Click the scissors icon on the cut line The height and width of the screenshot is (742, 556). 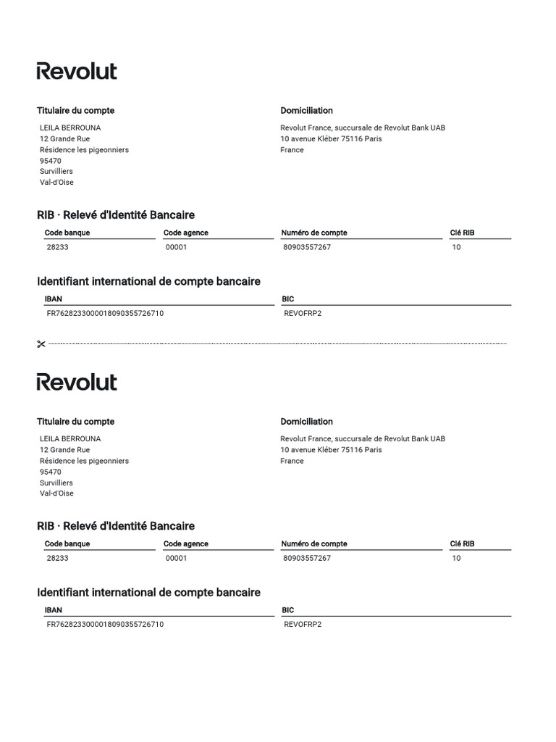[x=41, y=344]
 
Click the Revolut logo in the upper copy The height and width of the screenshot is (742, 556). [x=77, y=71]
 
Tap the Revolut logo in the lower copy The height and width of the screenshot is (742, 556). [x=77, y=382]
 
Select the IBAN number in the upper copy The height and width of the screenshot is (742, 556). [x=105, y=314]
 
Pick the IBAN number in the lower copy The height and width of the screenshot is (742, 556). [x=105, y=625]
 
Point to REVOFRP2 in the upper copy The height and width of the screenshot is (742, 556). [x=303, y=314]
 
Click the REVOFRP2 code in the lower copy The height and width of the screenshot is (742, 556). [x=303, y=625]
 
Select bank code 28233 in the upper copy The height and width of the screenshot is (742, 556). [x=57, y=247]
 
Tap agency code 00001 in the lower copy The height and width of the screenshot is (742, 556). [x=176, y=559]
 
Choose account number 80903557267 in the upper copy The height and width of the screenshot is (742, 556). [x=307, y=247]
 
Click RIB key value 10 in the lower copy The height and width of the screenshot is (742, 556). [x=456, y=559]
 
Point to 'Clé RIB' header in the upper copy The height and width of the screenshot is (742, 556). [x=462, y=233]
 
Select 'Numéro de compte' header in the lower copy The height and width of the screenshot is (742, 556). [x=314, y=544]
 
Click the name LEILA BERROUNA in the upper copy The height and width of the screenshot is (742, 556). [x=70, y=128]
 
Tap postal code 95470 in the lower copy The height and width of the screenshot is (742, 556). [x=51, y=472]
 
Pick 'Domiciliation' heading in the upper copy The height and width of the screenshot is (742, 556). [x=306, y=111]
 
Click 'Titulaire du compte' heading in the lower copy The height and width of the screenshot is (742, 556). [x=75, y=422]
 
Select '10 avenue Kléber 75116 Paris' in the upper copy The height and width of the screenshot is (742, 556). [x=331, y=138]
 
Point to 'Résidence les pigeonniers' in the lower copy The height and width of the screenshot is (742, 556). [x=84, y=461]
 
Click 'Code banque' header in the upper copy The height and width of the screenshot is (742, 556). [x=67, y=233]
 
